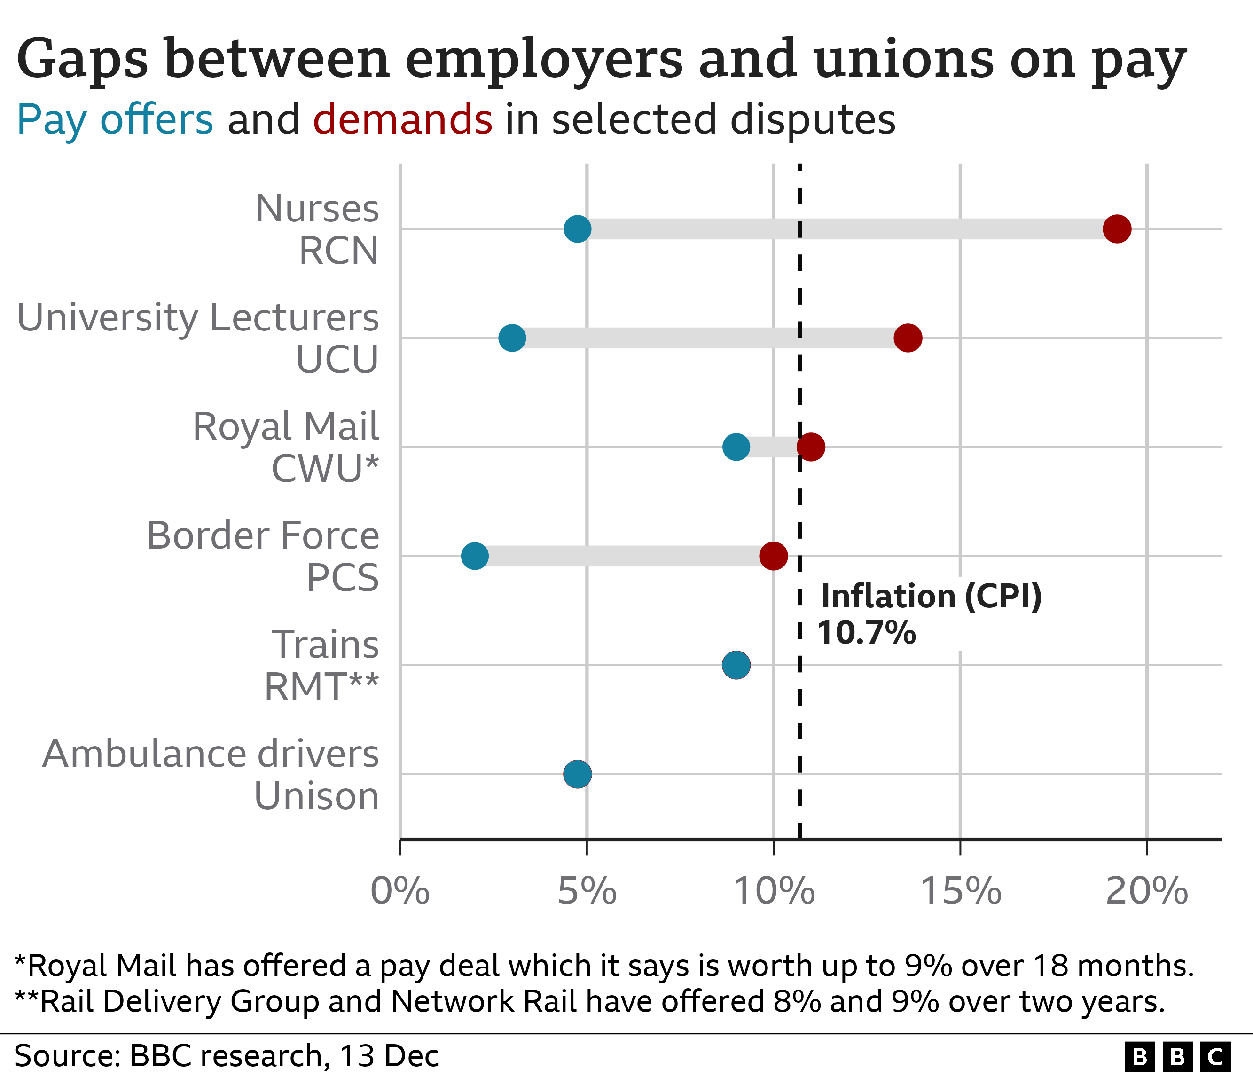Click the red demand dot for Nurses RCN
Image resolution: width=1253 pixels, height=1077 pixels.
click(x=1116, y=228)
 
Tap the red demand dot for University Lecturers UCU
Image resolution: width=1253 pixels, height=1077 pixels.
click(x=907, y=338)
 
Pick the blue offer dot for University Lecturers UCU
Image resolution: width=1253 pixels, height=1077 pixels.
click(x=512, y=338)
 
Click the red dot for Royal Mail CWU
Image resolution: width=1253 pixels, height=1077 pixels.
click(x=810, y=447)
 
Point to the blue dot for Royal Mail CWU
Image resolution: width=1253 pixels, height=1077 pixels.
click(x=736, y=447)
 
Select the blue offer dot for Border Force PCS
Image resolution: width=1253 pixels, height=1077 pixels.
click(x=474, y=556)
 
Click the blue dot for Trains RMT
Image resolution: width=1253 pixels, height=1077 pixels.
click(x=736, y=665)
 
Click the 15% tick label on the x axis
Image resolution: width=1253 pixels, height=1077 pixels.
click(x=960, y=891)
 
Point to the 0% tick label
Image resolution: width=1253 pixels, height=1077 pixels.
click(x=399, y=891)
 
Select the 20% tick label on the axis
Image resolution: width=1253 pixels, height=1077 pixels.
click(x=1147, y=891)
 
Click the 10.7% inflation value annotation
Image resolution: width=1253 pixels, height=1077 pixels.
click(x=866, y=633)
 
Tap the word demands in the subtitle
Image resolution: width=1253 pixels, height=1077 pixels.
click(x=403, y=119)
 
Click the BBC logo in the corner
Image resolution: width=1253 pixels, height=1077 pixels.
click(x=1177, y=1056)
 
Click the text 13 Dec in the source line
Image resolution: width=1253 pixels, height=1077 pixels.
click(x=389, y=1056)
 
